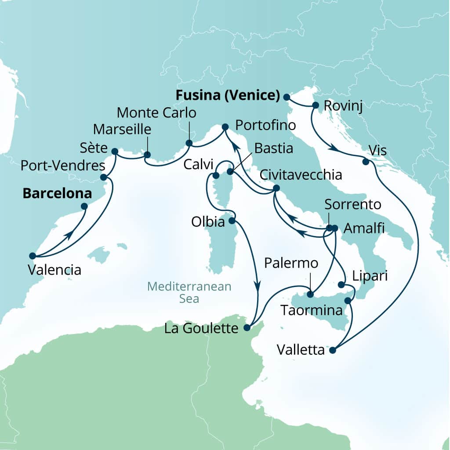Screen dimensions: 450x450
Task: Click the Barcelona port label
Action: click(x=57, y=193)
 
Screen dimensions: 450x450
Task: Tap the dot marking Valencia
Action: click(x=32, y=255)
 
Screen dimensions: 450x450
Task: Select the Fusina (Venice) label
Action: click(x=228, y=95)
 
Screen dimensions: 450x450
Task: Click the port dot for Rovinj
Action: click(x=315, y=105)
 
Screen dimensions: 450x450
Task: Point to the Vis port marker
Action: click(x=365, y=162)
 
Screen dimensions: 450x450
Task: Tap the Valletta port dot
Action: click(x=332, y=350)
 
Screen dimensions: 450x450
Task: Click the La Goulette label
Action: click(x=201, y=328)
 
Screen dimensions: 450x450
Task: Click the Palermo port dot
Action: click(x=310, y=294)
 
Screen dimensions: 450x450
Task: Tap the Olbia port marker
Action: click(x=232, y=221)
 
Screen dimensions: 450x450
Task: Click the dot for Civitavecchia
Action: click(x=276, y=188)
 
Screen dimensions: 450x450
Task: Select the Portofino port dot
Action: click(x=225, y=127)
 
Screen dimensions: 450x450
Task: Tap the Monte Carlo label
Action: click(x=156, y=113)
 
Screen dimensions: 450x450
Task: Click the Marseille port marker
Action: click(x=147, y=155)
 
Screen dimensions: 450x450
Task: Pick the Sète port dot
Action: click(x=115, y=152)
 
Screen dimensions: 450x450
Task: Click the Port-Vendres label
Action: click(x=63, y=166)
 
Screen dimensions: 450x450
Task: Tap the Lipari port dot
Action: click(x=342, y=285)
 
